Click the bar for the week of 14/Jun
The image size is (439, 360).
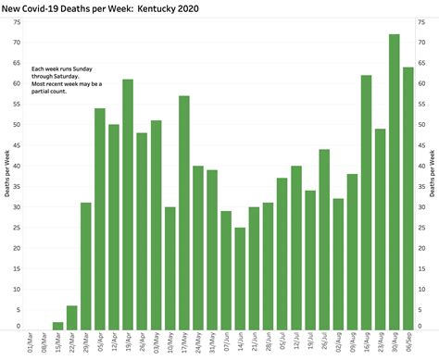pos(240,279)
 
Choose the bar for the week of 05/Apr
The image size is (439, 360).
pos(100,218)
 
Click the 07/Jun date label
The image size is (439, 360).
pos(226,345)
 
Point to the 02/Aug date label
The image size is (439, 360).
pos(338,345)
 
